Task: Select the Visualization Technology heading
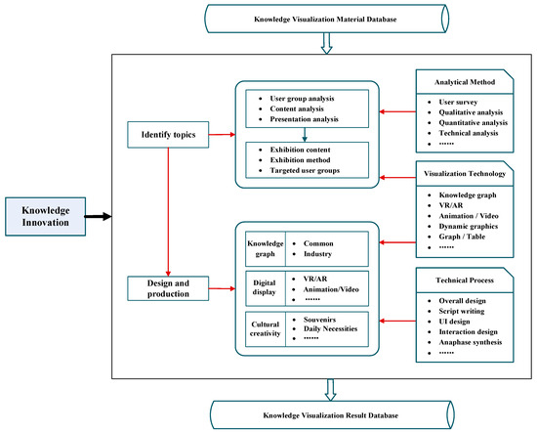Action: [464, 176]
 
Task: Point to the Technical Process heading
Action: [464, 280]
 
